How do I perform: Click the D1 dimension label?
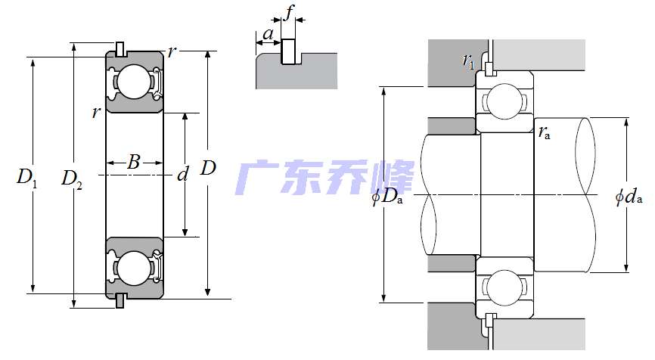pos(26,178)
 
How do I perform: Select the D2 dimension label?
pos(72,179)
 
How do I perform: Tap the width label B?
pos(133,161)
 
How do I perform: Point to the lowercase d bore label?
pos(182,175)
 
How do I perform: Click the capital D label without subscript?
pos(208,168)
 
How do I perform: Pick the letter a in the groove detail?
pos(268,34)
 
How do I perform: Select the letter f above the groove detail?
pos(288,12)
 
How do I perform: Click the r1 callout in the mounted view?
pos(469,61)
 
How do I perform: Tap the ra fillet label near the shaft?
pos(545,133)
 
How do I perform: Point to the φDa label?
pos(386,198)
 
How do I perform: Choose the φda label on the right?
pos(629,197)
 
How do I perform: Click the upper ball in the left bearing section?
pos(134,81)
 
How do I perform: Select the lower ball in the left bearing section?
pos(134,268)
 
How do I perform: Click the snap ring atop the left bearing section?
pos(120,49)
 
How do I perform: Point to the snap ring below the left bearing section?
pos(120,300)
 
